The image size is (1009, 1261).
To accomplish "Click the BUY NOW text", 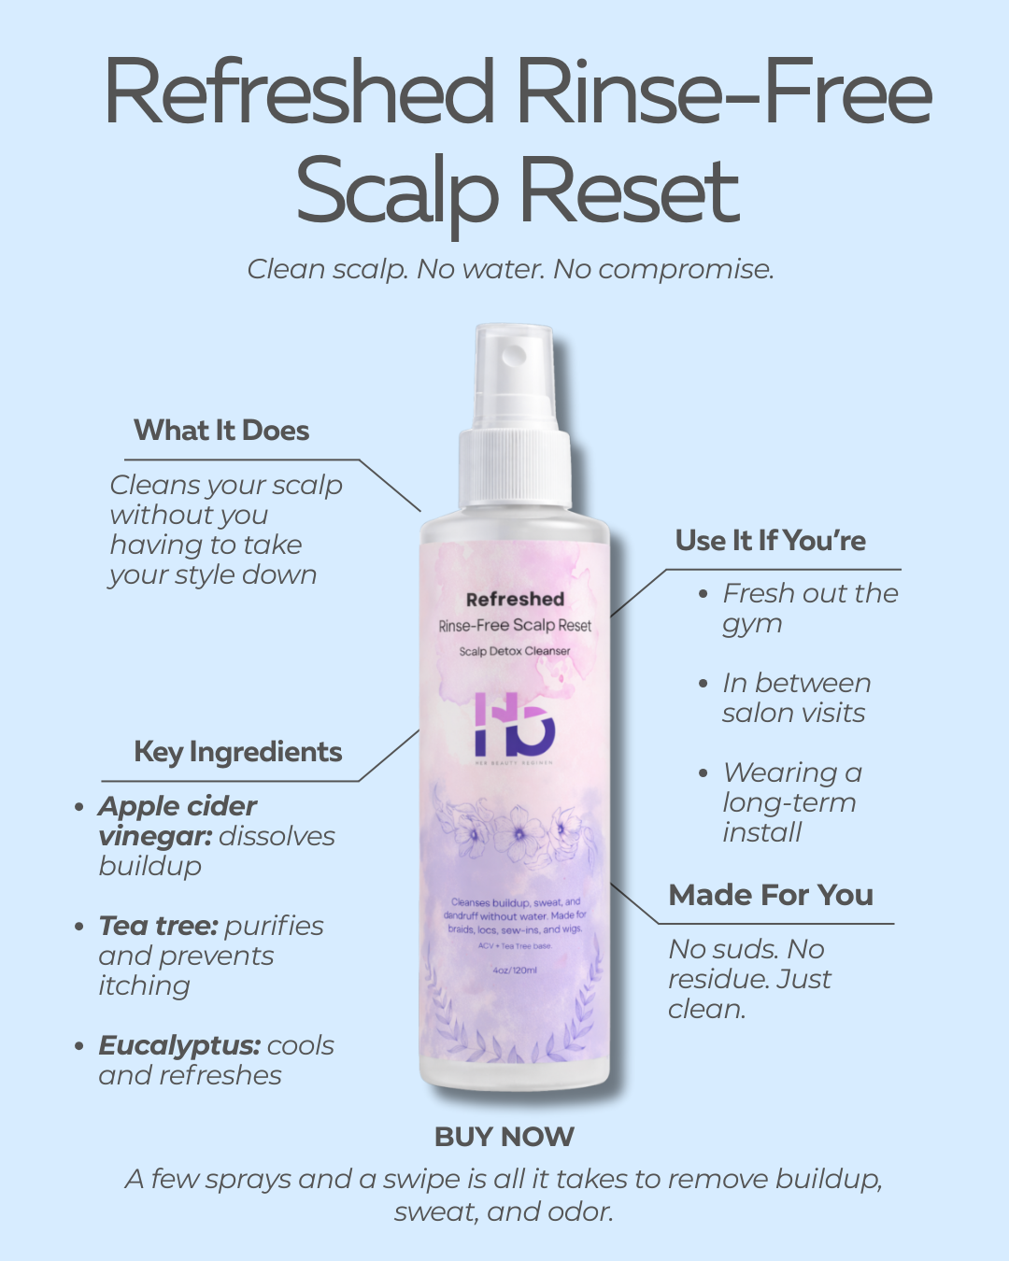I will click(504, 1137).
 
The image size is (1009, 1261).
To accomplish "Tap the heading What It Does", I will click(221, 431).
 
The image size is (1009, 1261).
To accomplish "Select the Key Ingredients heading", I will click(238, 752).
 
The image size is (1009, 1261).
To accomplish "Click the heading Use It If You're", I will click(771, 541).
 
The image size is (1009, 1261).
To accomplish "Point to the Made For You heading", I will click(771, 895).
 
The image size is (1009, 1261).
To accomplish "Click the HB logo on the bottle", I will click(514, 725).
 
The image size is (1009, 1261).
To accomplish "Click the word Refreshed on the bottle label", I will click(515, 600).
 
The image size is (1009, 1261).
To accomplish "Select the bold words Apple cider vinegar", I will click(178, 819).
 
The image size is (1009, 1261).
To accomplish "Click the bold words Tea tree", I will click(158, 926).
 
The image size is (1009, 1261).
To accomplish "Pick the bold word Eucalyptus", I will click(178, 1045).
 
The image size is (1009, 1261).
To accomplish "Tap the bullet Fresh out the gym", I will click(809, 608).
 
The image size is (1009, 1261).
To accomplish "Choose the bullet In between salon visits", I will click(796, 698).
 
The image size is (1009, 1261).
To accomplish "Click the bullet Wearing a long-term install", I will click(790, 802).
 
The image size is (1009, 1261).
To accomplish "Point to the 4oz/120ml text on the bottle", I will click(515, 971).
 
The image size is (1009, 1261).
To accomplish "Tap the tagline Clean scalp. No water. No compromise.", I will click(510, 269).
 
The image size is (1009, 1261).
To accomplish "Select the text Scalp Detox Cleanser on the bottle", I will click(514, 651).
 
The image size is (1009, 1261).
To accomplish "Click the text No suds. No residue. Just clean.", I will click(749, 979).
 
